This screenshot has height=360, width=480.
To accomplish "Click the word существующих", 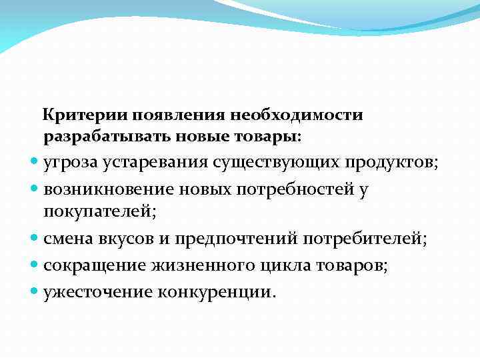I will coord(279,163).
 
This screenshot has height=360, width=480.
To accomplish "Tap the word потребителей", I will coord(366,238).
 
